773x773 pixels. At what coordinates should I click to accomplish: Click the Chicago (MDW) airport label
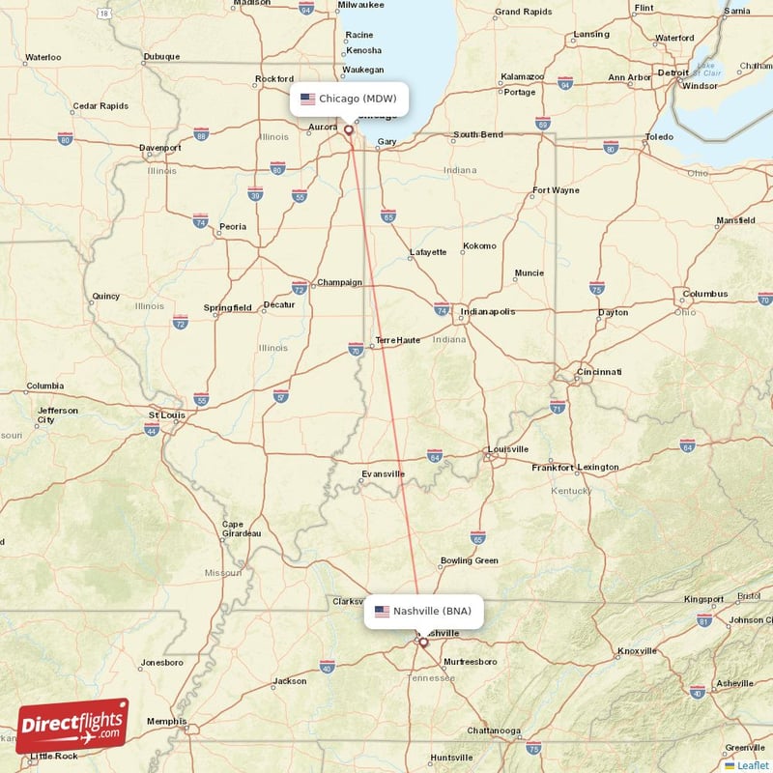(x=349, y=99)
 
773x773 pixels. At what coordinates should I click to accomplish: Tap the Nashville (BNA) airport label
(x=423, y=612)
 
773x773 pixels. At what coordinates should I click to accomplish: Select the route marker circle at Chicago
(x=349, y=129)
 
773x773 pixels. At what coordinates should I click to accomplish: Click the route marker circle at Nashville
(x=422, y=642)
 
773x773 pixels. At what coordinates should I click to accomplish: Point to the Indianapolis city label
(x=488, y=312)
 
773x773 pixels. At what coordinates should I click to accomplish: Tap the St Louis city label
(x=166, y=415)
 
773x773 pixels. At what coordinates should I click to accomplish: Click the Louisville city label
(x=508, y=449)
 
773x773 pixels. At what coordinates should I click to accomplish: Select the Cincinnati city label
(x=598, y=372)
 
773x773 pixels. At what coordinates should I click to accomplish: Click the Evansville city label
(x=383, y=474)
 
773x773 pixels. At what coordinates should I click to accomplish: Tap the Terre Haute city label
(x=398, y=340)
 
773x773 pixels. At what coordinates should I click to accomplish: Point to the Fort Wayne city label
(x=556, y=190)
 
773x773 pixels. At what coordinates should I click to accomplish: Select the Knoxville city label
(x=637, y=651)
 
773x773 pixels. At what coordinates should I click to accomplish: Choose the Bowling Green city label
(x=469, y=560)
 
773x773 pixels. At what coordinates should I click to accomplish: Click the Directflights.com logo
(x=72, y=726)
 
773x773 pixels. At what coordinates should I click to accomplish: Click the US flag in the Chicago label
(x=308, y=99)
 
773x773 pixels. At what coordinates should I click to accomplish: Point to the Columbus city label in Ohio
(x=704, y=294)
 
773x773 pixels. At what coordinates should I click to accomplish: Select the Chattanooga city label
(x=493, y=730)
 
